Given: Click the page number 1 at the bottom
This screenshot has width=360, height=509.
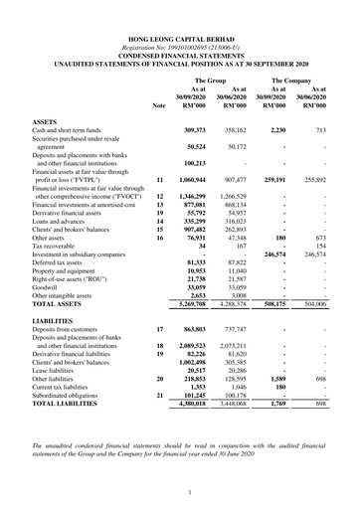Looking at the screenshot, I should click(180, 491).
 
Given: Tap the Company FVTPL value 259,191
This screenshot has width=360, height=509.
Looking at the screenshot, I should click(271, 180).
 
